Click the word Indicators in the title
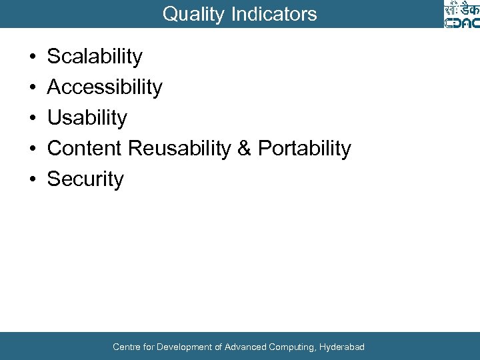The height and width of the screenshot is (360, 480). coord(274,14)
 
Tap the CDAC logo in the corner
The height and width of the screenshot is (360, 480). coord(461,15)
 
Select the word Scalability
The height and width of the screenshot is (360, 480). coord(95,57)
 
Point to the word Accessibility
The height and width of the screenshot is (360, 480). coord(105,87)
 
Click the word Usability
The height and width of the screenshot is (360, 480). coord(87,118)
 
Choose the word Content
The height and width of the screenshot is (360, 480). coord(85,149)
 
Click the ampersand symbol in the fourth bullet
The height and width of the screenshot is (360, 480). coord(244,149)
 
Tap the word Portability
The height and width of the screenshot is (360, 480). coord(304,149)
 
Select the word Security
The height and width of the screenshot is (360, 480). coord(85,179)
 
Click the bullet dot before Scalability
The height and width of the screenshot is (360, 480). coord(33,57)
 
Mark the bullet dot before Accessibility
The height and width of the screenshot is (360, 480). coord(33,88)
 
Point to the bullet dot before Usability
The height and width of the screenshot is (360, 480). coord(33,119)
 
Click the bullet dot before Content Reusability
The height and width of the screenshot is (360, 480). coord(33,149)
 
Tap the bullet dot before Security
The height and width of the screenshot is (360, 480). coord(33,180)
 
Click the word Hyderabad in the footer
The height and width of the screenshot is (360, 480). coord(342,347)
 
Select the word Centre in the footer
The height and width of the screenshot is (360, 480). coord(126,347)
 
